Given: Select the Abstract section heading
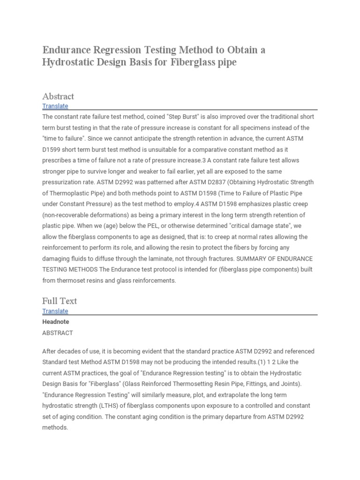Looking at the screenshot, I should [58, 96].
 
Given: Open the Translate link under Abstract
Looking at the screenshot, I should [55, 106].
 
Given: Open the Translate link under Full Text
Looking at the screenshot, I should [55, 311].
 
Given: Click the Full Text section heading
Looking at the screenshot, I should [60, 301].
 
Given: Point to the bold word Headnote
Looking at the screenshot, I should [55, 322].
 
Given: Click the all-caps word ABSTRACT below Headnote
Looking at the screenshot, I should [58, 333].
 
